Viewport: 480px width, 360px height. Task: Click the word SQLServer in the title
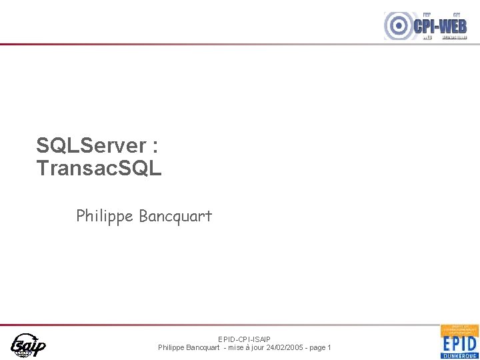[x=91, y=146]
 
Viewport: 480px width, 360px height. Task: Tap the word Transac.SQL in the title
[x=99, y=168]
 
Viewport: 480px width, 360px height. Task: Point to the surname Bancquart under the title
[x=175, y=216]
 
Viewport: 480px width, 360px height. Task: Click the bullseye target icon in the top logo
[x=399, y=26]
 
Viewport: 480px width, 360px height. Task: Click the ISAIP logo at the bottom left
[x=28, y=345]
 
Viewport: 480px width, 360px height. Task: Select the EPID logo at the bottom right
[x=459, y=341]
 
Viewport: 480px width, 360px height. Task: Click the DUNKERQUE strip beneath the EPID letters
[x=459, y=355]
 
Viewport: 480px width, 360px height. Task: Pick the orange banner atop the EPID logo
[x=459, y=330]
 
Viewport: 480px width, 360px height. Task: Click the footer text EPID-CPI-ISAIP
[x=244, y=339]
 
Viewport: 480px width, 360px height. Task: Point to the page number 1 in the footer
[x=329, y=347]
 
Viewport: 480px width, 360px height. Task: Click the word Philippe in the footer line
[x=172, y=347]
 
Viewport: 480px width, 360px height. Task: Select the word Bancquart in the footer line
[x=205, y=347]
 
